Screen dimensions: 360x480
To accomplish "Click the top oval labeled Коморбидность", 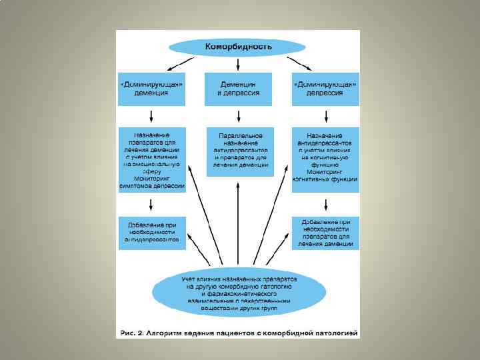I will pyautogui.click(x=238, y=47).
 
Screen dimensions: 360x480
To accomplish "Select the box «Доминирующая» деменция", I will pyautogui.click(x=151, y=89).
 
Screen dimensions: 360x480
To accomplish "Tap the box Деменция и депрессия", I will pyautogui.click(x=238, y=89).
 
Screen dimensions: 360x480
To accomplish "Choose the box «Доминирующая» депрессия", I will pyautogui.click(x=325, y=89).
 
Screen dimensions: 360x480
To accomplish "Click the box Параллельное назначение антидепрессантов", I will pyautogui.click(x=239, y=151).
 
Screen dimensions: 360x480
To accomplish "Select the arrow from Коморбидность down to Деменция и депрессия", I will pyautogui.click(x=238, y=64).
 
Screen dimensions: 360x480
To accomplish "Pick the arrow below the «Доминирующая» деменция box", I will pyautogui.click(x=152, y=116).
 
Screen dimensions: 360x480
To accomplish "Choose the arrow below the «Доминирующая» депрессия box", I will pyautogui.click(x=325, y=116).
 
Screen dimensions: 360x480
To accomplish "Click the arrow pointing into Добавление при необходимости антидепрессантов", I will pyautogui.click(x=152, y=207).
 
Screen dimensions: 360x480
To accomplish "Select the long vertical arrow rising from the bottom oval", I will pyautogui.click(x=238, y=227).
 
